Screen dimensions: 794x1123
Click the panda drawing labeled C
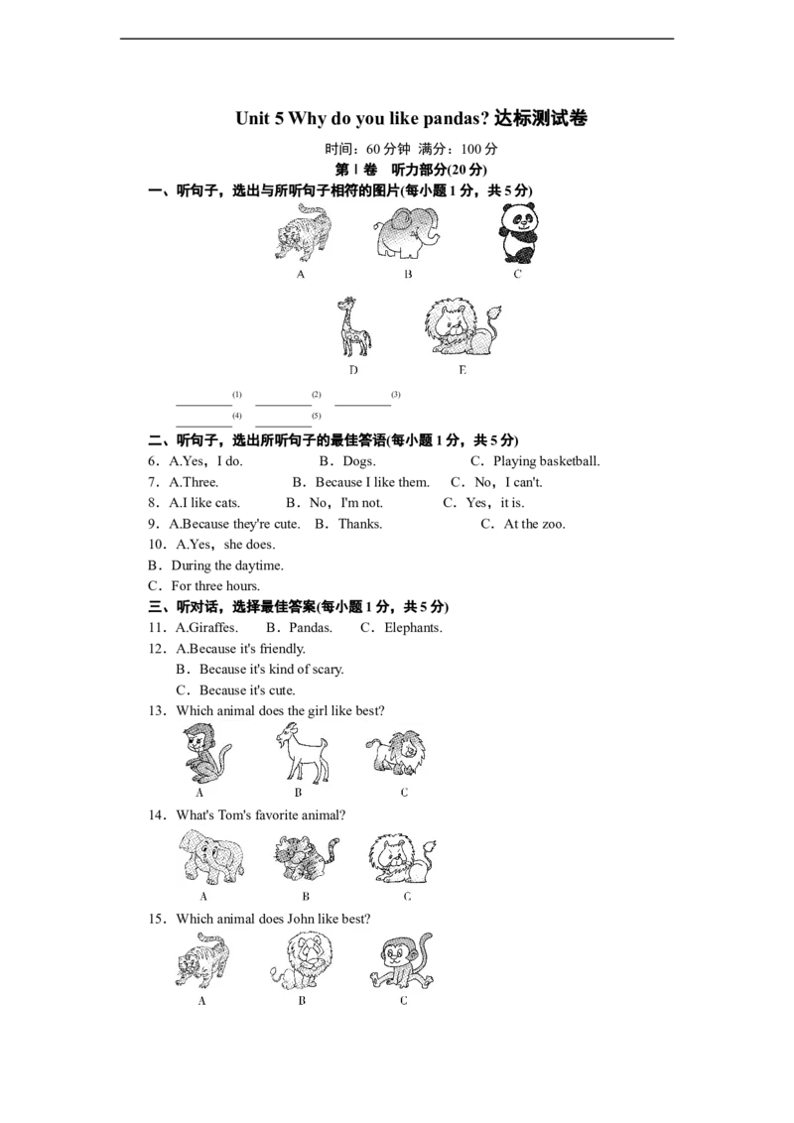point(517,233)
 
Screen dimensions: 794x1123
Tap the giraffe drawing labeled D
point(353,327)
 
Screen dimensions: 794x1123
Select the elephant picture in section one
point(406,233)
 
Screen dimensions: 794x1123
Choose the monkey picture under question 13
point(204,753)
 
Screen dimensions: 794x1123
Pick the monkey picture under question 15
point(402,962)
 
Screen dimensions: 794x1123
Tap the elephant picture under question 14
point(210,857)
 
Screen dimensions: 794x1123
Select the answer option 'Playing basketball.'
point(546,461)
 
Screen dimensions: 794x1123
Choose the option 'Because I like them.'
point(372,482)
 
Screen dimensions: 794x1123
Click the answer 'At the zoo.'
point(535,524)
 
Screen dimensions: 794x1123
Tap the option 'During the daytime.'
point(227,565)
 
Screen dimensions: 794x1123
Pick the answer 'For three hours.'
point(215,586)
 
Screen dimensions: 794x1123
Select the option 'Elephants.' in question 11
point(413,628)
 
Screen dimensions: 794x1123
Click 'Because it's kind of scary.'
point(272,670)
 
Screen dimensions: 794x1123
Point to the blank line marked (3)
point(362,406)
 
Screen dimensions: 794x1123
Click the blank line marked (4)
point(204,427)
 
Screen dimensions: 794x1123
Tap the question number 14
point(157,815)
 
